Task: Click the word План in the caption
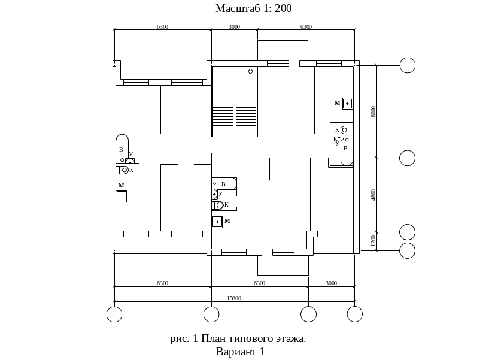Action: coord(214,339)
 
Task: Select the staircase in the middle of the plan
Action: coord(234,117)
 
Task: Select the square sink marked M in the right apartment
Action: coord(347,104)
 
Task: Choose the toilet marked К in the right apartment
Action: coord(345,129)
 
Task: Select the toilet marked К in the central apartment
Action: coord(218,205)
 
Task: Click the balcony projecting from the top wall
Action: coord(283,51)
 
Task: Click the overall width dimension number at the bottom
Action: coord(234,298)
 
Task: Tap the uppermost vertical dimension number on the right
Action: coord(373,111)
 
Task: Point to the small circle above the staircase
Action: coord(251,71)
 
